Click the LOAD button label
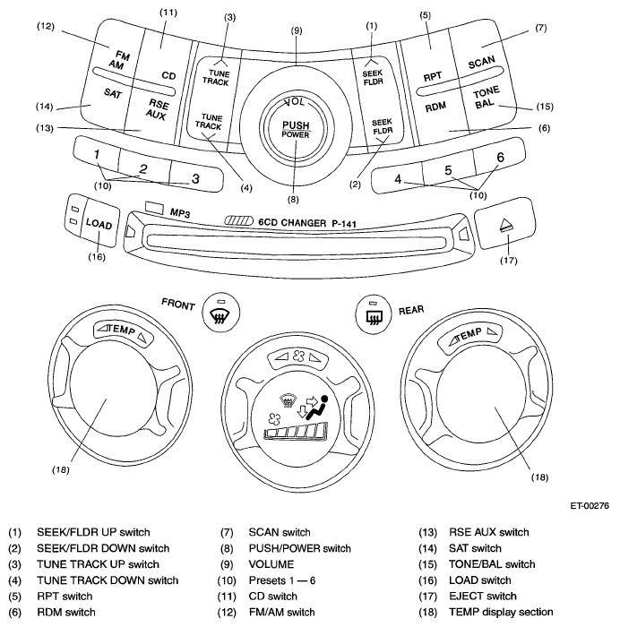[x=99, y=224]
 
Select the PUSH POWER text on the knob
[x=296, y=130]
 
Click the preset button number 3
[x=195, y=178]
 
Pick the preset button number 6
[x=500, y=157]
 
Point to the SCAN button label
[x=482, y=63]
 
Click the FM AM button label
[x=119, y=60]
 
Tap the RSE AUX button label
[x=157, y=109]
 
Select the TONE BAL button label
[x=486, y=98]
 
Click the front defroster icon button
[x=221, y=313]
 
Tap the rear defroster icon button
[x=374, y=313]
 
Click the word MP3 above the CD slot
[x=180, y=213]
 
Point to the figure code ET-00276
[x=590, y=505]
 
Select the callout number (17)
[x=508, y=261]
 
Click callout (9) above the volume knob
[x=297, y=30]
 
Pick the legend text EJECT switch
[x=483, y=597]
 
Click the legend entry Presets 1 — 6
[x=282, y=580]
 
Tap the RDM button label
[x=435, y=107]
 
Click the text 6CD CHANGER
[x=292, y=222]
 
